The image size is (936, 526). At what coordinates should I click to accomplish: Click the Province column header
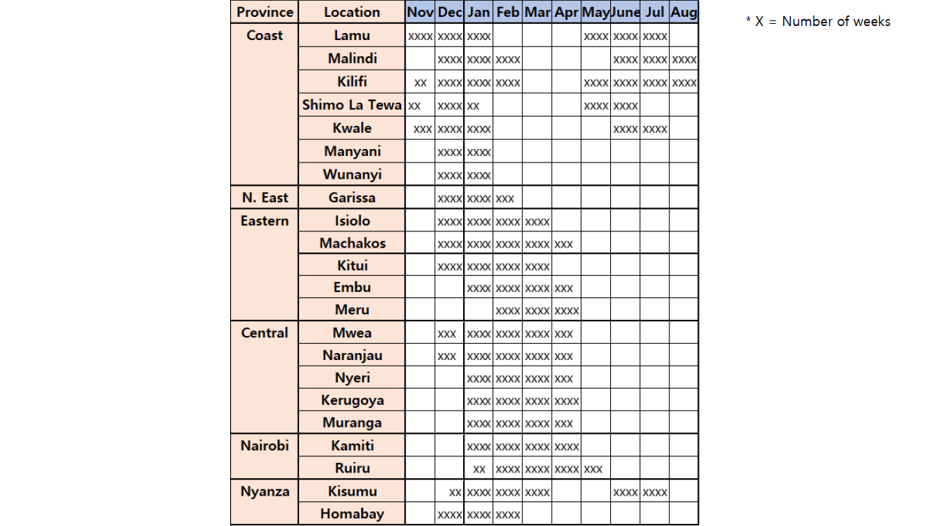point(265,12)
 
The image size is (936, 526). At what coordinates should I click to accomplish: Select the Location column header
point(352,12)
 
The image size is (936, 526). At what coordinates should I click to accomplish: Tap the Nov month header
point(420,12)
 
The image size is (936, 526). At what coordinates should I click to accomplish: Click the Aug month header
point(684,12)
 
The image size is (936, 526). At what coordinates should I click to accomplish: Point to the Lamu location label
point(352,35)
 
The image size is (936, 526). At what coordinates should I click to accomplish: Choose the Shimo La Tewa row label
point(352,105)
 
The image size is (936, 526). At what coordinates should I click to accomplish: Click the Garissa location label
point(352,198)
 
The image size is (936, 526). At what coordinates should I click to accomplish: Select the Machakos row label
point(352,243)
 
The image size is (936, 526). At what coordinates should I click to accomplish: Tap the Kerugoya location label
point(352,400)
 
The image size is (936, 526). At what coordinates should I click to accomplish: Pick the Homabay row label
point(352,514)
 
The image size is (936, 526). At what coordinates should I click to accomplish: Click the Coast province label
point(265,35)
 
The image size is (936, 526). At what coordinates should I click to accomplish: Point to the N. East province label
point(265,198)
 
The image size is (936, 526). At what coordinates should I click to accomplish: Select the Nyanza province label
point(265,492)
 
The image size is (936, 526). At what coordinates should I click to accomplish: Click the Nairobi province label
point(265,446)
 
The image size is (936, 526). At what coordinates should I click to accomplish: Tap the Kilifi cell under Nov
point(420,82)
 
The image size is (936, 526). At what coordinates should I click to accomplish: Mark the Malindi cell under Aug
point(684,59)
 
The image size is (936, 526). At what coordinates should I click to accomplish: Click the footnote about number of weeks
point(818,22)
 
